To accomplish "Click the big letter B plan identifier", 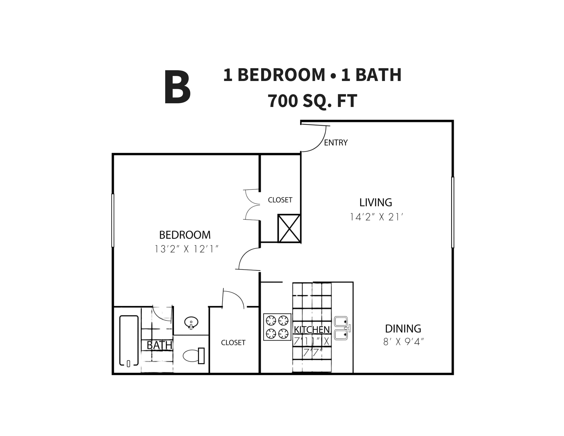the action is pos(177,87).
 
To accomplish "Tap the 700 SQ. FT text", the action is pos(312,101).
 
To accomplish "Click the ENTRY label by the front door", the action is pos(336,143).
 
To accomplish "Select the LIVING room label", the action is pos(376,202).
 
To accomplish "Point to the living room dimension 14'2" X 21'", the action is pos(376,217).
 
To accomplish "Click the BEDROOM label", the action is pos(185,235).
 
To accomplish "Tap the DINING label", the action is pos(403,329).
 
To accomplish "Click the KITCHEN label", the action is pos(312,330).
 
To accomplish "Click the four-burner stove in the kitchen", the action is pos(277,327).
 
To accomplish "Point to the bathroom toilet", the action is pos(193,356).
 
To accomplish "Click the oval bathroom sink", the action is pos(191,323).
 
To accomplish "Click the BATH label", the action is pos(159,345).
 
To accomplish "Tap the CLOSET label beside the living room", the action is pos(280,200).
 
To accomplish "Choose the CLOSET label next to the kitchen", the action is pos(233,343).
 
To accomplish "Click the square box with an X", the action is pos(289,228).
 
